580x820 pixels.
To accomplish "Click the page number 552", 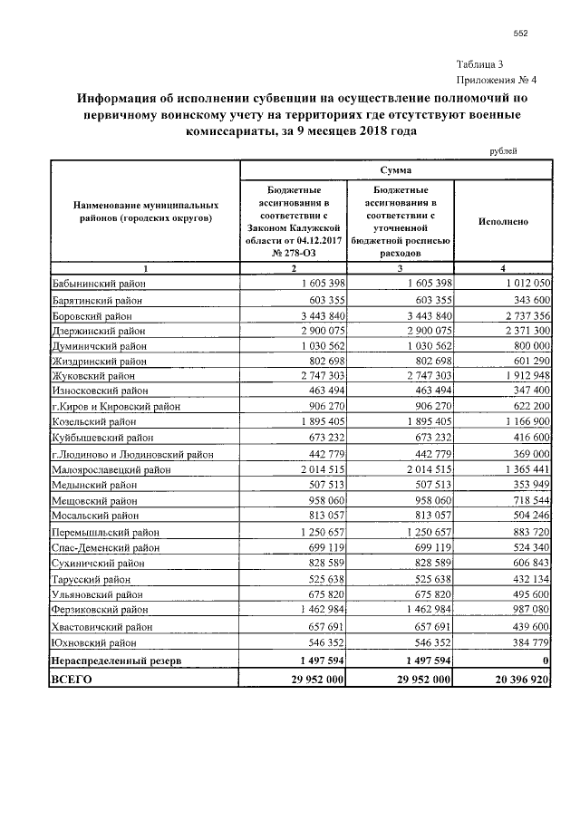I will coord(520,34).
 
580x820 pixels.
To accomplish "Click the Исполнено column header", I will coord(503,221).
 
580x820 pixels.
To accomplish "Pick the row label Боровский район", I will coord(92,316).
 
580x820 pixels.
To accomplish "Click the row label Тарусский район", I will coord(92,578).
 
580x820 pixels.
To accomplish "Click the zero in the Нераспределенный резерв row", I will coord(546,661).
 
